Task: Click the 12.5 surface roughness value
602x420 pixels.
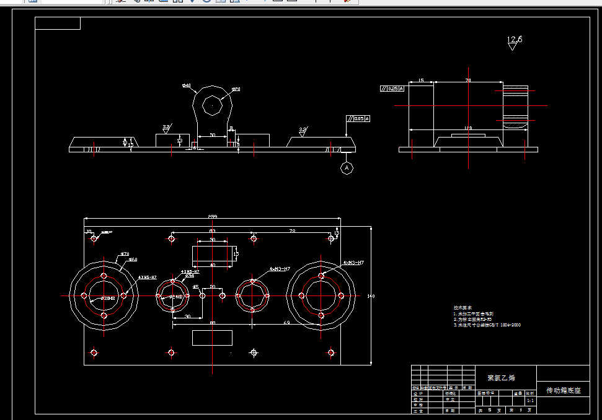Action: click(x=515, y=40)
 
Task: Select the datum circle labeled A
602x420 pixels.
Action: click(x=347, y=168)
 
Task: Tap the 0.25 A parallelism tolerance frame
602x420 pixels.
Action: click(x=392, y=89)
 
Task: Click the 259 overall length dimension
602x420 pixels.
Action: click(x=213, y=216)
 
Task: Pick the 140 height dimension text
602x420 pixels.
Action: click(x=371, y=296)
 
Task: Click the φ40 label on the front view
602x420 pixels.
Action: click(x=186, y=85)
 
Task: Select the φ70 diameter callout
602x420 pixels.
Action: click(x=124, y=254)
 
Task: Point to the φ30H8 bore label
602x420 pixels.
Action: click(x=91, y=299)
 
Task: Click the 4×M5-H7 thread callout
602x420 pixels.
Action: click(x=147, y=277)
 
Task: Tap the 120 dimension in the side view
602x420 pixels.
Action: click(x=468, y=128)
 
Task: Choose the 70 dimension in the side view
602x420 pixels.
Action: click(x=467, y=81)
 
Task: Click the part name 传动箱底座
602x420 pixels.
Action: click(x=563, y=391)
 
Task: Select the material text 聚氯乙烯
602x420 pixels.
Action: click(x=502, y=377)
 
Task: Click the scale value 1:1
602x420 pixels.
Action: click(x=529, y=401)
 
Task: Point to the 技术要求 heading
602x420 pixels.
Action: click(x=463, y=307)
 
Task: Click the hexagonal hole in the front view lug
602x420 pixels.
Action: click(x=213, y=106)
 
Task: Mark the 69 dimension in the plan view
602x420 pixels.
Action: click(x=286, y=323)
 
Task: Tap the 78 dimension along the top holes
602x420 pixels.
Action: click(x=291, y=230)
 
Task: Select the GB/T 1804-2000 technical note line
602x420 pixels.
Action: click(x=487, y=325)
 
